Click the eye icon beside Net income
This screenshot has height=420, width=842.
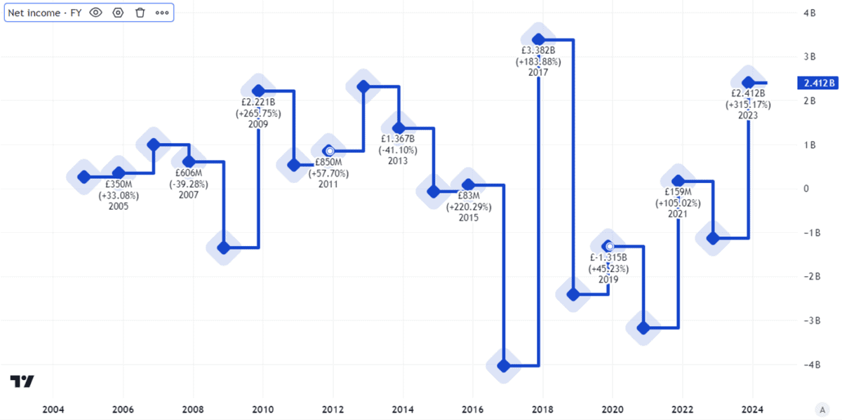coord(96,13)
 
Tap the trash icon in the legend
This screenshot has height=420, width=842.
coord(140,13)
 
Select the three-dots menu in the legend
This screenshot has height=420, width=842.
coord(162,13)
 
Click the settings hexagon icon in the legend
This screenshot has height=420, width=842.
coord(118,13)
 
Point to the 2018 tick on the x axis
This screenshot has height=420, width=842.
coord(542,409)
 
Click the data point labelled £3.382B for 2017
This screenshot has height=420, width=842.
coord(539,39)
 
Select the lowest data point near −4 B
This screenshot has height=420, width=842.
coord(503,365)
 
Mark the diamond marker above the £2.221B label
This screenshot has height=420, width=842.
coord(258,90)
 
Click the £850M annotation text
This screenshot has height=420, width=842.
coord(328,163)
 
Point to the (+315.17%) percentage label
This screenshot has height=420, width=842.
coord(748,104)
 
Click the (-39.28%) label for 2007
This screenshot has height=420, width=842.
coord(188,184)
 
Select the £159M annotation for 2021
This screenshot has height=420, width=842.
coord(678,192)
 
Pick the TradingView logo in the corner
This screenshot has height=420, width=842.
coord(22,382)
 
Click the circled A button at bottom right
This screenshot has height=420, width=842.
coord(822,409)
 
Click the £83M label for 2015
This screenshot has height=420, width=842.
coord(468,196)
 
